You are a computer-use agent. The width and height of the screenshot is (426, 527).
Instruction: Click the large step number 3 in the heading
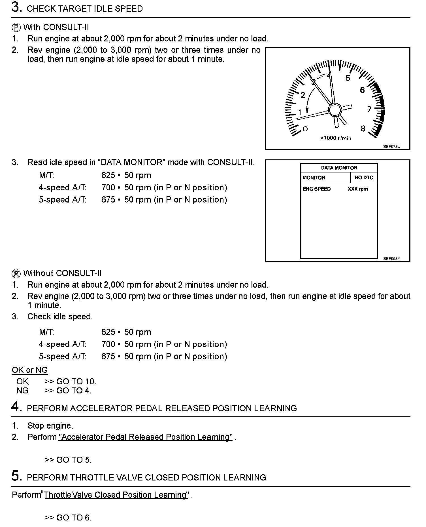[16, 7]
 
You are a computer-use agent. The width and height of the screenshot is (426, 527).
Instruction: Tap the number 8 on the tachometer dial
[363, 129]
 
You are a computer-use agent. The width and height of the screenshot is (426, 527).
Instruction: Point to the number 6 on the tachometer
[362, 90]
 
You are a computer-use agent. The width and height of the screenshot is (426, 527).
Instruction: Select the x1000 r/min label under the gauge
[336, 138]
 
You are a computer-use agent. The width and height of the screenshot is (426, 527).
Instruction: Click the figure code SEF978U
[392, 147]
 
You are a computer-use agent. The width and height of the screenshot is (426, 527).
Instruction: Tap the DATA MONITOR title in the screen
[339, 168]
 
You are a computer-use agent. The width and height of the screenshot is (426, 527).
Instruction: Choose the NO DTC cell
[364, 178]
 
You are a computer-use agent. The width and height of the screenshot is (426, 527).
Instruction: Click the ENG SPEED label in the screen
[316, 189]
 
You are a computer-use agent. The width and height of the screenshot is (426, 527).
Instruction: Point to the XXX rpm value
[358, 189]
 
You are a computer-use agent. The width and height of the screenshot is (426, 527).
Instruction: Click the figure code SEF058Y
[392, 259]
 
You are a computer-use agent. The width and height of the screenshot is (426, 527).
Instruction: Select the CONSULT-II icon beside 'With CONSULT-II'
[16, 28]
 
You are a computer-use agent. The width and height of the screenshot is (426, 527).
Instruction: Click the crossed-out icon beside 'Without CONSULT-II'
[16, 274]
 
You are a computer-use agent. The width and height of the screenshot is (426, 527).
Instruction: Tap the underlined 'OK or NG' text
[30, 370]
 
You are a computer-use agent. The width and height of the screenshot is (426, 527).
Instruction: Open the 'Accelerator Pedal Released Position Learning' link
[145, 437]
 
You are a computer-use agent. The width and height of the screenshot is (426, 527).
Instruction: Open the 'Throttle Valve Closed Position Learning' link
[116, 495]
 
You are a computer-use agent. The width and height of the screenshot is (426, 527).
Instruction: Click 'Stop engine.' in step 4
[50, 426]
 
